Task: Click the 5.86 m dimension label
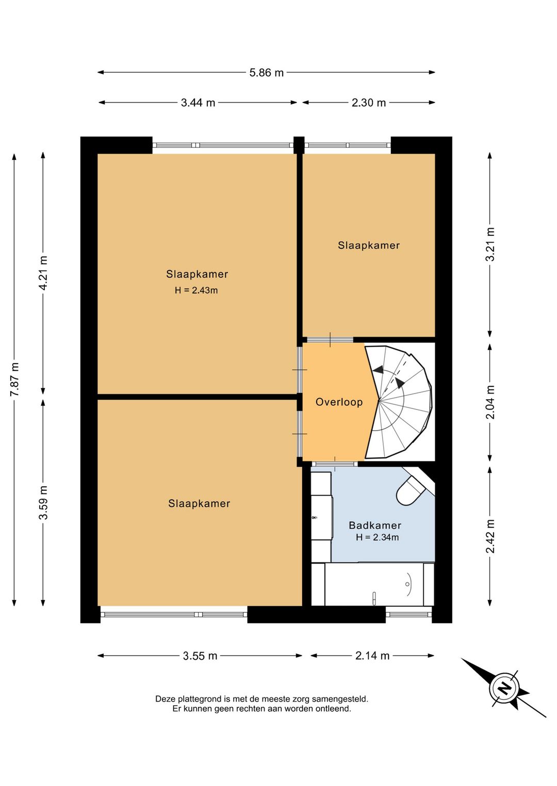[x=266, y=73]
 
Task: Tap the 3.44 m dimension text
[x=198, y=103]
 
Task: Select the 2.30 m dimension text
[x=369, y=103]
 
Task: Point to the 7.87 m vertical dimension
[x=14, y=379]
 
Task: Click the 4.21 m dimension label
[x=43, y=274]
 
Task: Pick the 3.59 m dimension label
[x=43, y=502]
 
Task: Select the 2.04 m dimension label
[x=490, y=402]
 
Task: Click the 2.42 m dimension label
[x=490, y=536]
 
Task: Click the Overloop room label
[x=339, y=402]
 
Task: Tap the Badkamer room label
[x=375, y=525]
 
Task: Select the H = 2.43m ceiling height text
[x=196, y=291]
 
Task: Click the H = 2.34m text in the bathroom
[x=378, y=537]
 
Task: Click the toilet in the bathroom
[x=413, y=488]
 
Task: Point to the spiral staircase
[x=399, y=402]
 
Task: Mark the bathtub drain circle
[x=407, y=584]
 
